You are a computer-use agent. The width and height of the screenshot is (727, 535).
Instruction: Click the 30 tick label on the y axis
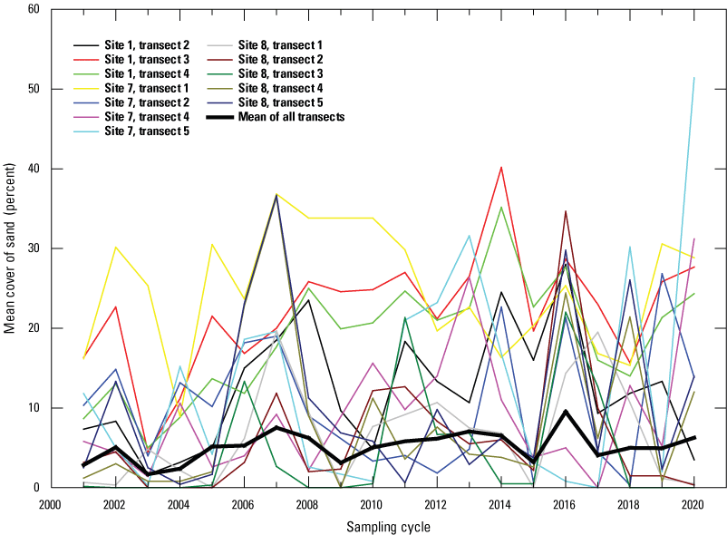(x=34, y=248)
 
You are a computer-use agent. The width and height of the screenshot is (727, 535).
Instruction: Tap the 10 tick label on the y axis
(x=34, y=408)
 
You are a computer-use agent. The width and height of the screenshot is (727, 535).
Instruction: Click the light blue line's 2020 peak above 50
(x=694, y=78)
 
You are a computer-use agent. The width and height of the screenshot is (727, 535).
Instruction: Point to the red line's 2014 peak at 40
(x=501, y=167)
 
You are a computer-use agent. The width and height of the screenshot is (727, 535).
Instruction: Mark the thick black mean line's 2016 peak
(x=567, y=412)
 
